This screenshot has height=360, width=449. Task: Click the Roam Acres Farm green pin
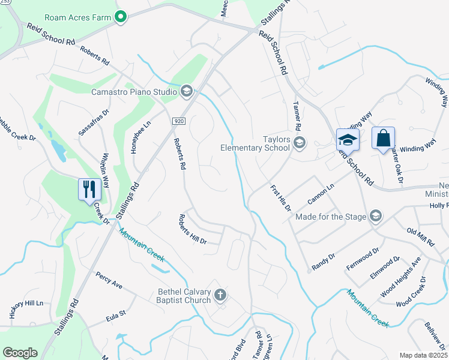click(120, 17)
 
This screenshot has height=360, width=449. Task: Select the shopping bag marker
click(384, 139)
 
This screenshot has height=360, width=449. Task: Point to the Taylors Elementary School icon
click(300, 143)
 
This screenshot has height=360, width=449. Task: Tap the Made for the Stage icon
click(375, 215)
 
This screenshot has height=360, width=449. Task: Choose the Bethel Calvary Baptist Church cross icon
click(220, 295)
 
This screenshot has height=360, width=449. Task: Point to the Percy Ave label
click(109, 280)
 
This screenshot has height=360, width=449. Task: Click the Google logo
click(20, 353)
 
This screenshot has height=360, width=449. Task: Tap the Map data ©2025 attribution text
click(423, 355)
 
